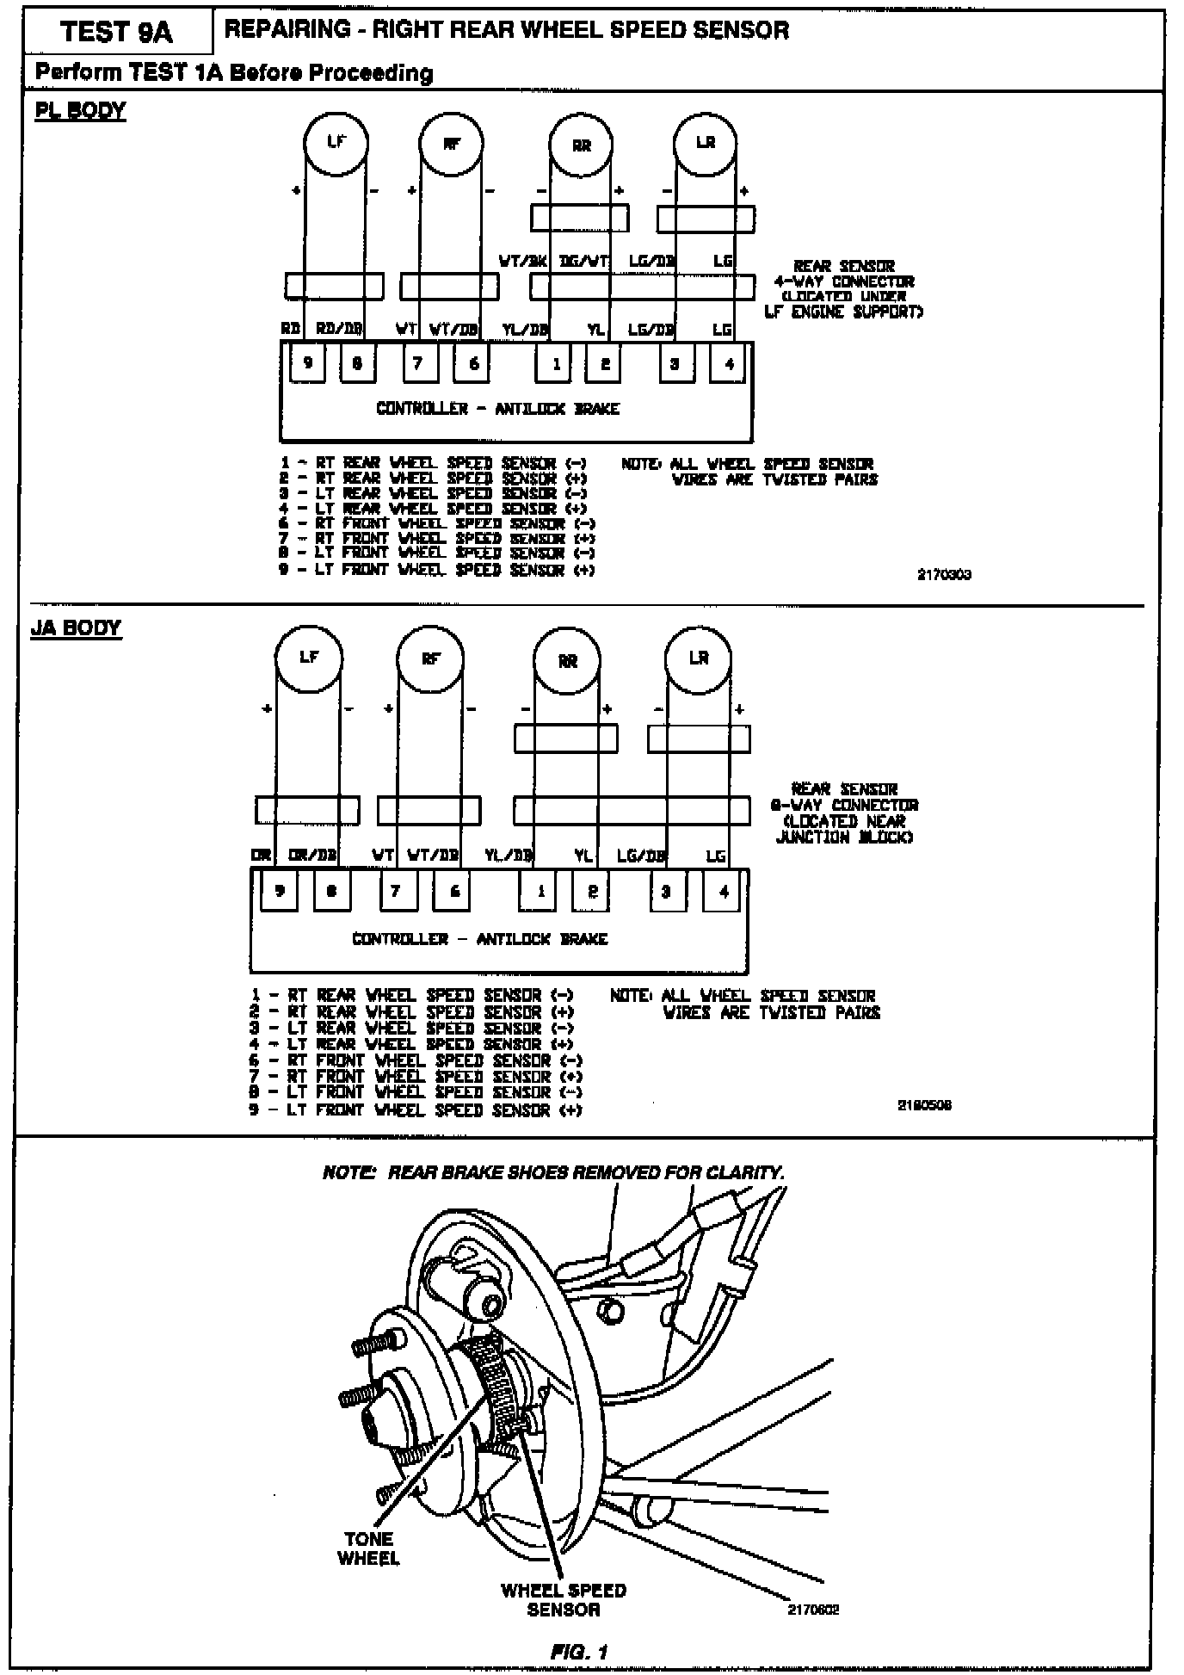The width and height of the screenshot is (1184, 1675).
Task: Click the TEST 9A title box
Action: tap(117, 33)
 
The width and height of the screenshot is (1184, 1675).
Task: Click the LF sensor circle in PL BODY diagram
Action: tap(336, 143)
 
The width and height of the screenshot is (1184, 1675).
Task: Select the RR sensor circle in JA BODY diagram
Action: tap(567, 661)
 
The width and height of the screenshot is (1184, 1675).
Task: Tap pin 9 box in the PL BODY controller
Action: tap(307, 362)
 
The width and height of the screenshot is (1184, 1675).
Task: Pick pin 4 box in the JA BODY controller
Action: tap(724, 892)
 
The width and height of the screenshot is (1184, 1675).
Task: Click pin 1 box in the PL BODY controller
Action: tap(556, 363)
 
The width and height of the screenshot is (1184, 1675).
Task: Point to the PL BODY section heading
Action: tap(80, 111)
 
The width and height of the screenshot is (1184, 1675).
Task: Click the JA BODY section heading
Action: tap(77, 627)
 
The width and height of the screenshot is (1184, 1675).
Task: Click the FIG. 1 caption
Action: tap(579, 1652)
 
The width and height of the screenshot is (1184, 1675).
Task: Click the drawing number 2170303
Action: tap(944, 575)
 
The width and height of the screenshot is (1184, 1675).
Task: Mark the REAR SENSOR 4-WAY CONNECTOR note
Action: tap(843, 289)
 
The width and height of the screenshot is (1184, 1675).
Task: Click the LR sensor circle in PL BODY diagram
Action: tap(705, 143)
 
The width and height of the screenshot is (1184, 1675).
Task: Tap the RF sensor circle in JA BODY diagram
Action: tap(430, 659)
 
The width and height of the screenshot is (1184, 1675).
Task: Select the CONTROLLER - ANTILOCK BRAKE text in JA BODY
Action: tap(479, 939)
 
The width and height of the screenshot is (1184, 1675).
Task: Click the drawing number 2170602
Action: tap(813, 1609)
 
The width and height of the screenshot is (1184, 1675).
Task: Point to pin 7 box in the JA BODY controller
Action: tap(396, 892)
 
